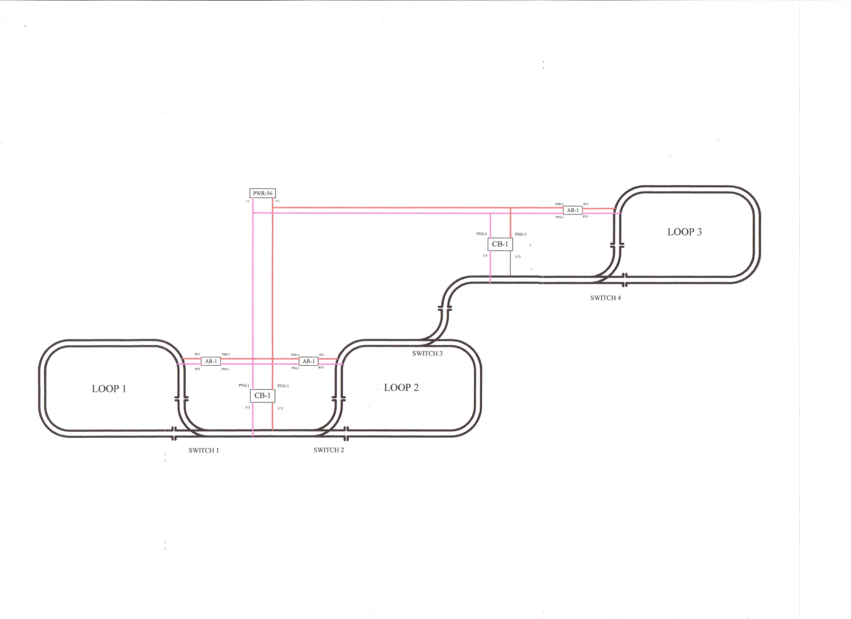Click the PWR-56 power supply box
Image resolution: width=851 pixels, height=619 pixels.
click(262, 193)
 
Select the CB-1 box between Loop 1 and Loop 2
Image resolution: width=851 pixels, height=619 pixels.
click(262, 395)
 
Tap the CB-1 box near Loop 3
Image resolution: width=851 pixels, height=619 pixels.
click(500, 244)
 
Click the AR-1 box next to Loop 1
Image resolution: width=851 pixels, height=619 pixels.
click(211, 361)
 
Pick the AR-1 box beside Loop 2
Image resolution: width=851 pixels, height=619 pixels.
click(309, 361)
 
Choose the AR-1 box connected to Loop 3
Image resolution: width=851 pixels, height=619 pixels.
click(573, 210)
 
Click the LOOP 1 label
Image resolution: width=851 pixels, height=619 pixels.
click(109, 389)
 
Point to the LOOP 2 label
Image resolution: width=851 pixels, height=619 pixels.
click(401, 388)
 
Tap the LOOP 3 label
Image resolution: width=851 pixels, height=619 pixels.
click(684, 232)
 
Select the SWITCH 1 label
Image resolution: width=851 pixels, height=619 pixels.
click(204, 450)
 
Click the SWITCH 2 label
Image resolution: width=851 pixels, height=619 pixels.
click(329, 450)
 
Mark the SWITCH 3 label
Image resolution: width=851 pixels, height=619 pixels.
click(427, 353)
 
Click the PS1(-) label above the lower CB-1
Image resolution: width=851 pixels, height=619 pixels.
click(244, 385)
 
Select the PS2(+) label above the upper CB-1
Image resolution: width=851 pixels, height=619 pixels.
click(521, 234)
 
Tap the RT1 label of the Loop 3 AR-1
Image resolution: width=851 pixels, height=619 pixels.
click(586, 204)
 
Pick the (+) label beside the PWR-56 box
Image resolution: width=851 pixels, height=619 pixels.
click(277, 201)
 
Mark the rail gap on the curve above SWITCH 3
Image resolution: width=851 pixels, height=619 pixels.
click(445, 308)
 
